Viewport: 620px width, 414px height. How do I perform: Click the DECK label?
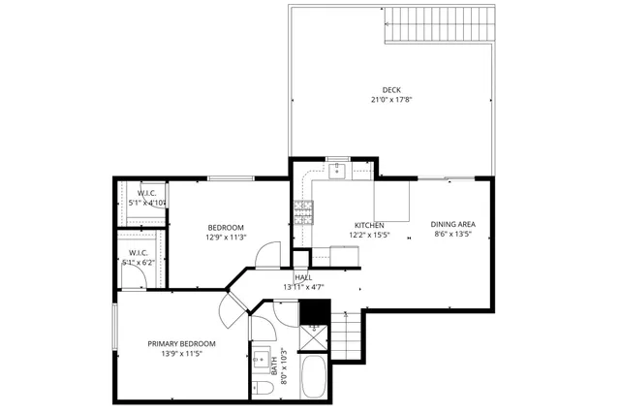pyautogui.click(x=390, y=90)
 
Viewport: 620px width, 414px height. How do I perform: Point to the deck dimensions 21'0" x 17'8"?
pyautogui.click(x=390, y=100)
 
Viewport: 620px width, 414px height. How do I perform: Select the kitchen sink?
pyautogui.click(x=337, y=171)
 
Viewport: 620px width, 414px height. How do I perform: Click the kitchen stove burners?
pyautogui.click(x=303, y=211)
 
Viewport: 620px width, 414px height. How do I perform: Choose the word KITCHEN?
pyautogui.click(x=368, y=225)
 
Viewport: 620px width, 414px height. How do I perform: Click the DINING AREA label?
pyautogui.click(x=452, y=225)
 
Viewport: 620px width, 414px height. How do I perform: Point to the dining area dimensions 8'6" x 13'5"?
pyautogui.click(x=452, y=235)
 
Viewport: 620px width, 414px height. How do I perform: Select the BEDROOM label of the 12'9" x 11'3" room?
pyautogui.click(x=226, y=227)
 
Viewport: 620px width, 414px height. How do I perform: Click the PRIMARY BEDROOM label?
pyautogui.click(x=181, y=344)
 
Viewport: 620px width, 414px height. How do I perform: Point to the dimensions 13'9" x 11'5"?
pyautogui.click(x=181, y=354)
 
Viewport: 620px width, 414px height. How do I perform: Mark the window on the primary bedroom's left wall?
pyautogui.click(x=115, y=330)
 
